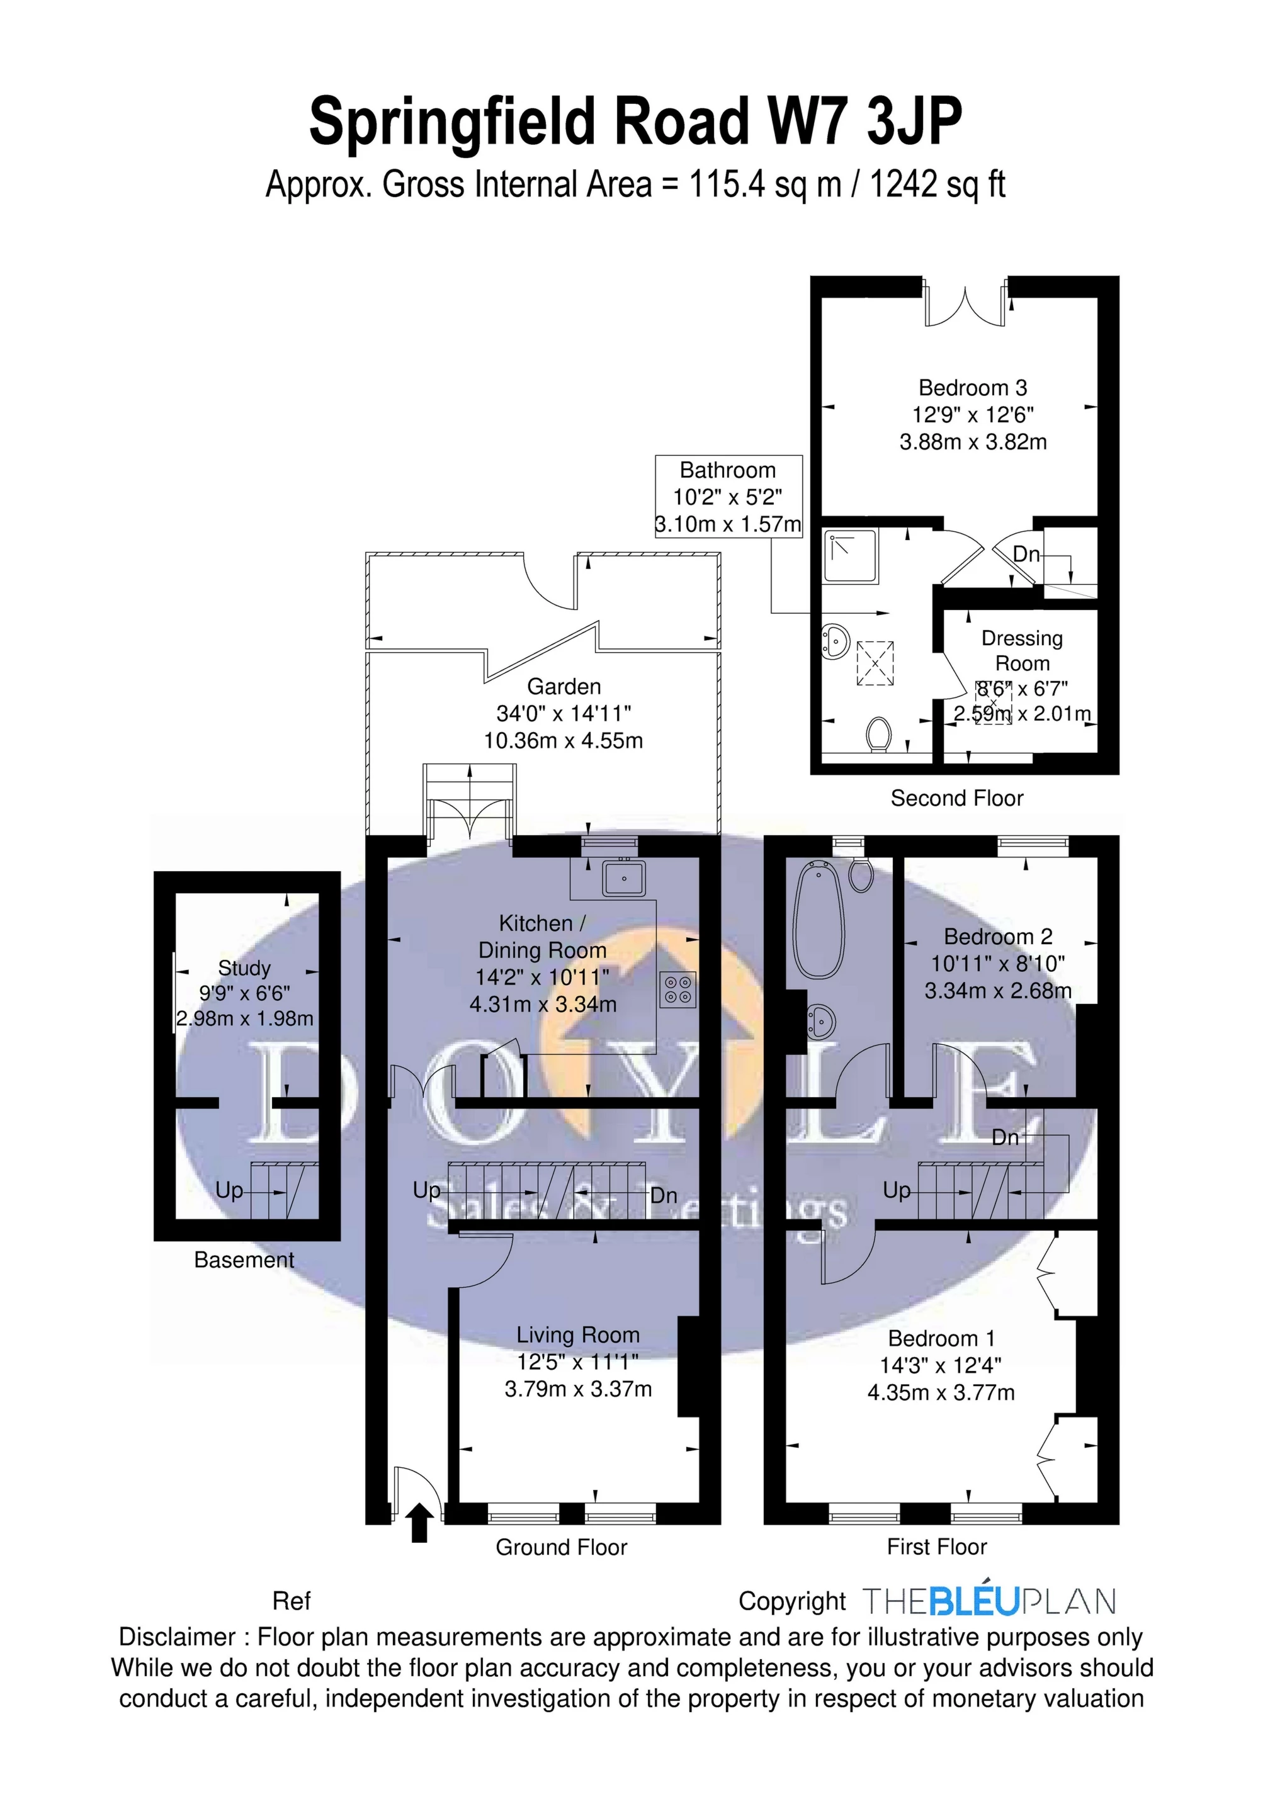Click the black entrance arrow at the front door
coord(421,1522)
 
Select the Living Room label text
coord(578,1335)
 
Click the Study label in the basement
coord(244,968)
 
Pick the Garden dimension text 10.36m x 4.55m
coord(564,740)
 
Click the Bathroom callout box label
coord(728,471)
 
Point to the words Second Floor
coord(956,798)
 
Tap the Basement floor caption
coord(244,1260)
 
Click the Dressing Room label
coord(1022,651)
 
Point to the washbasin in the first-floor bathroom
coord(820,1020)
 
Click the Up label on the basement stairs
coord(230,1190)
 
